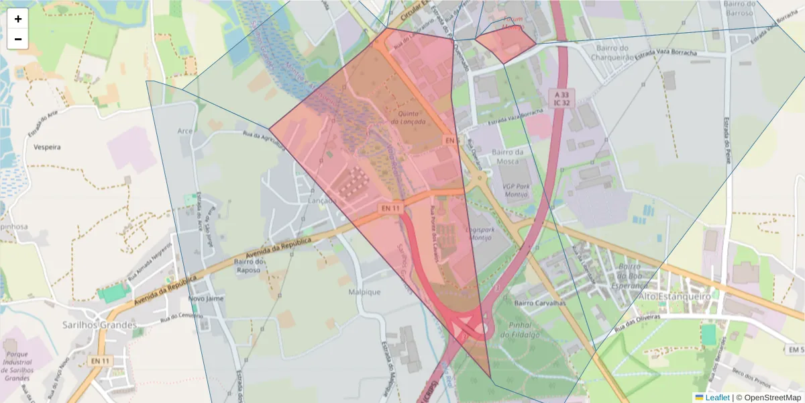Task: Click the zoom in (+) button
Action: coord(18,19)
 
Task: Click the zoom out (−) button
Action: coord(18,39)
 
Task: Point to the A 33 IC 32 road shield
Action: coord(561,98)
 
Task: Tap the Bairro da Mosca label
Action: coord(511,157)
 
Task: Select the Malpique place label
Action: coord(364,292)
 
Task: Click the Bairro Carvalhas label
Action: coord(540,303)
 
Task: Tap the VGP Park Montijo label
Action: coord(515,190)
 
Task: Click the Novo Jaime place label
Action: coord(205,298)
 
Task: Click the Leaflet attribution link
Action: coord(716,398)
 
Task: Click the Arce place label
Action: coord(185,130)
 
